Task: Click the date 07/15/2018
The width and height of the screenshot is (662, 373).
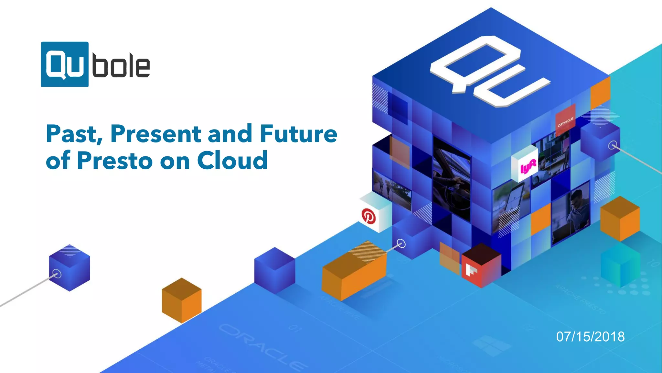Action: (590, 337)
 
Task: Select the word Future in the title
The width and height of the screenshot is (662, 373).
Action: (299, 134)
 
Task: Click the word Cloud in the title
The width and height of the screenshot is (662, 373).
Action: (232, 160)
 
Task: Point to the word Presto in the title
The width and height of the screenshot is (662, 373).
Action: (115, 160)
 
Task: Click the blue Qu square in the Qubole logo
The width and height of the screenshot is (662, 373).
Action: (65, 64)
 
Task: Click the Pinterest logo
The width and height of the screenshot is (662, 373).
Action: (368, 216)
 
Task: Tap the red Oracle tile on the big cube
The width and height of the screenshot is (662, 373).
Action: (565, 120)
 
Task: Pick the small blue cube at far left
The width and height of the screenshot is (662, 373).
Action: (69, 268)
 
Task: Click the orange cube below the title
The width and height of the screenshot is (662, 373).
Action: (181, 300)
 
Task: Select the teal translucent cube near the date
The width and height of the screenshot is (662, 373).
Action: (620, 265)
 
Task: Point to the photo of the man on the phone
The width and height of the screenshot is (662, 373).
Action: (571, 215)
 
